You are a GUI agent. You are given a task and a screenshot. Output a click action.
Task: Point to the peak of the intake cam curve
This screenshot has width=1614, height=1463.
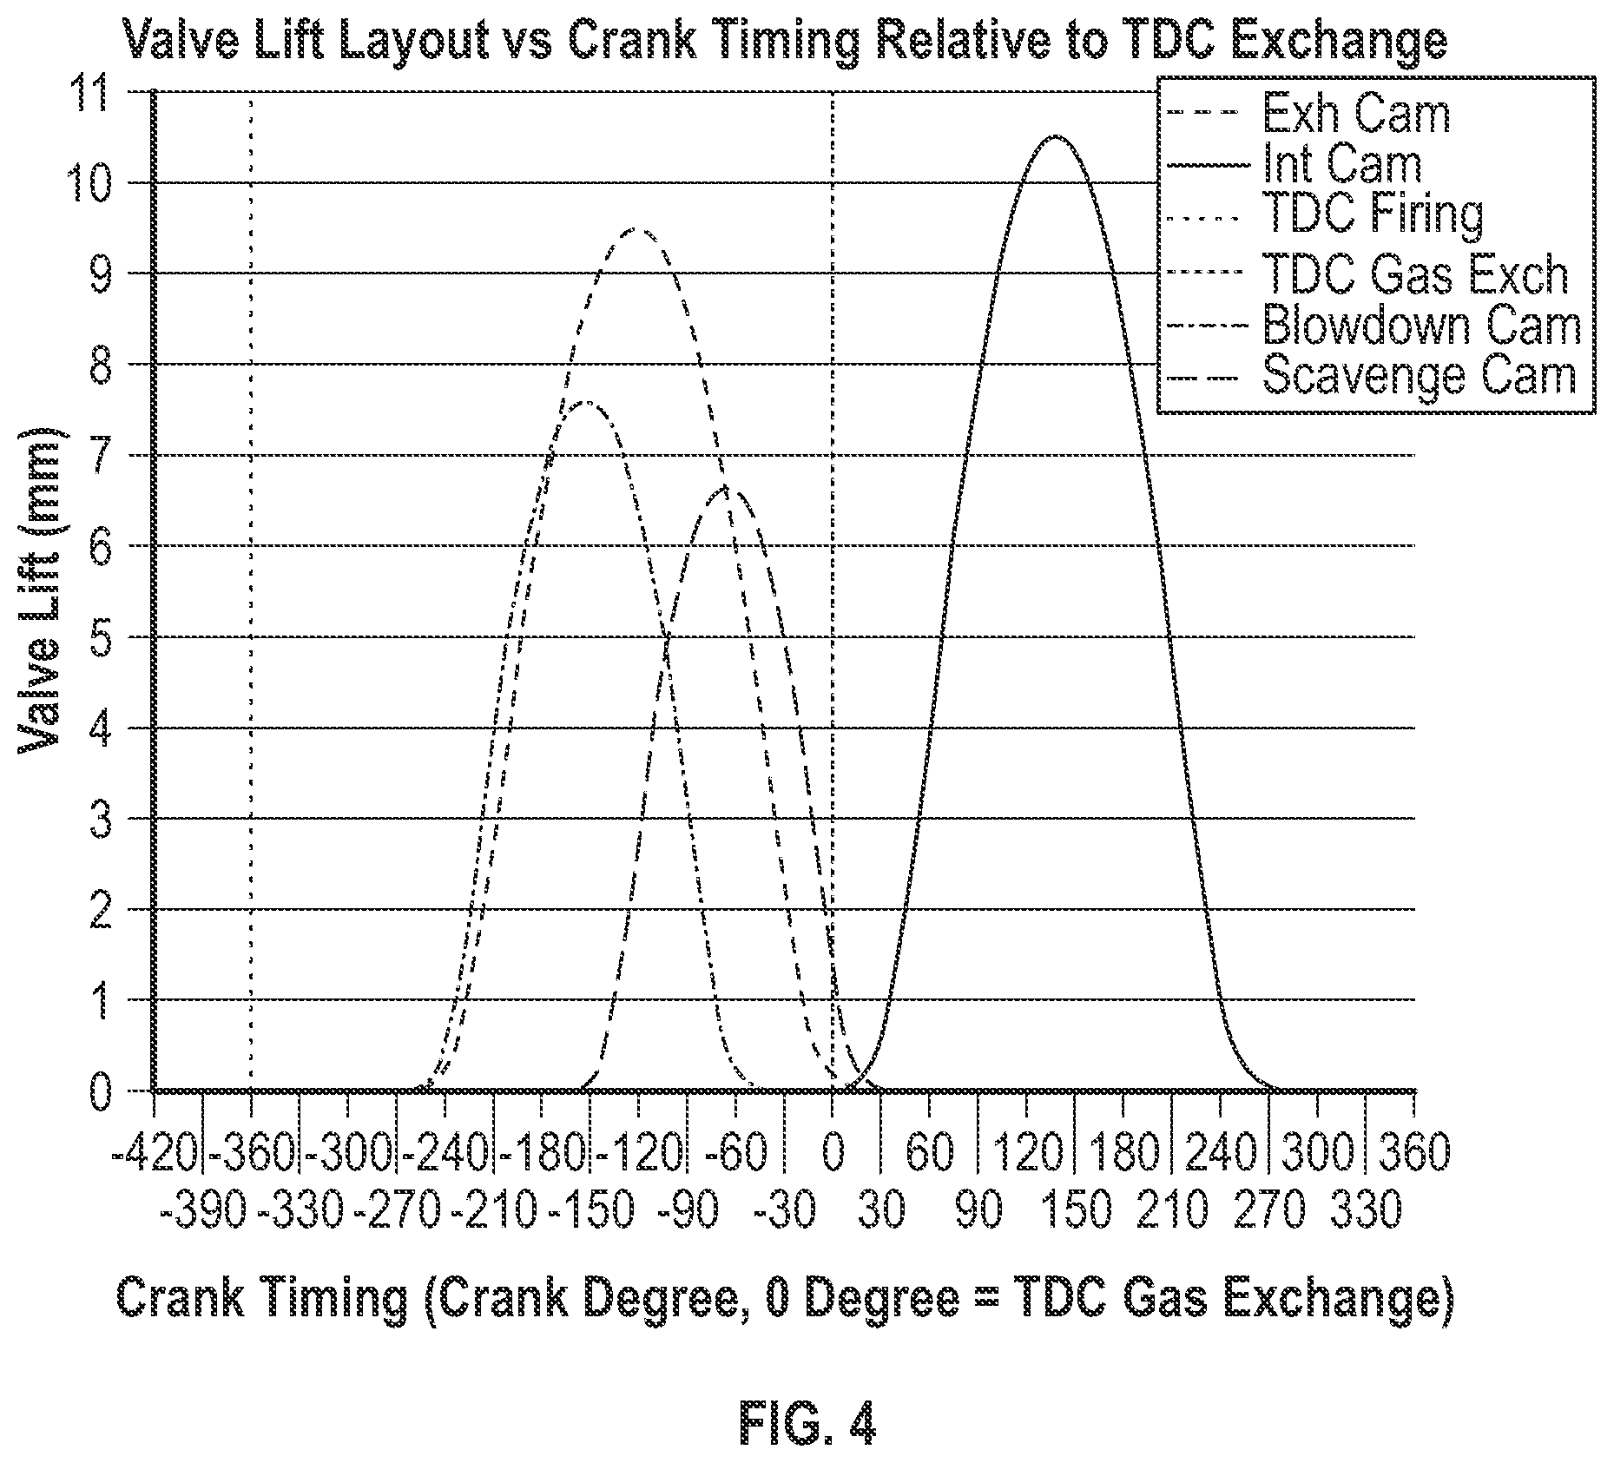point(1054,136)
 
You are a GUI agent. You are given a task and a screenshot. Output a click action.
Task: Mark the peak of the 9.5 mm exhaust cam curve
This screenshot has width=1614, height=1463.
point(636,228)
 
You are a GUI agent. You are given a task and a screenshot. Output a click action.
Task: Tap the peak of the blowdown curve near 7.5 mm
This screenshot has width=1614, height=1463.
point(588,401)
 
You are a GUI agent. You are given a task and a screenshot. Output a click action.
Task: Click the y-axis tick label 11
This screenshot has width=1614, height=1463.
point(99,92)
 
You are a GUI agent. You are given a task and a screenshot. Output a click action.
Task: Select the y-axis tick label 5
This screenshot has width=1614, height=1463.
point(102,637)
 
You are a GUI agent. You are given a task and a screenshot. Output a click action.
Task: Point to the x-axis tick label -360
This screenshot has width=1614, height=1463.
point(252,1153)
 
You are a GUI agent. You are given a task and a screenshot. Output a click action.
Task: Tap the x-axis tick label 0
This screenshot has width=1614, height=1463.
point(833,1153)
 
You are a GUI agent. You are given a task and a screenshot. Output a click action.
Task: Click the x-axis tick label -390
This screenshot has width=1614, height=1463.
point(204,1210)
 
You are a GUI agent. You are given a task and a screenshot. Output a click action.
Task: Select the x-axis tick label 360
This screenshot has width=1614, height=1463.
point(1415,1153)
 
